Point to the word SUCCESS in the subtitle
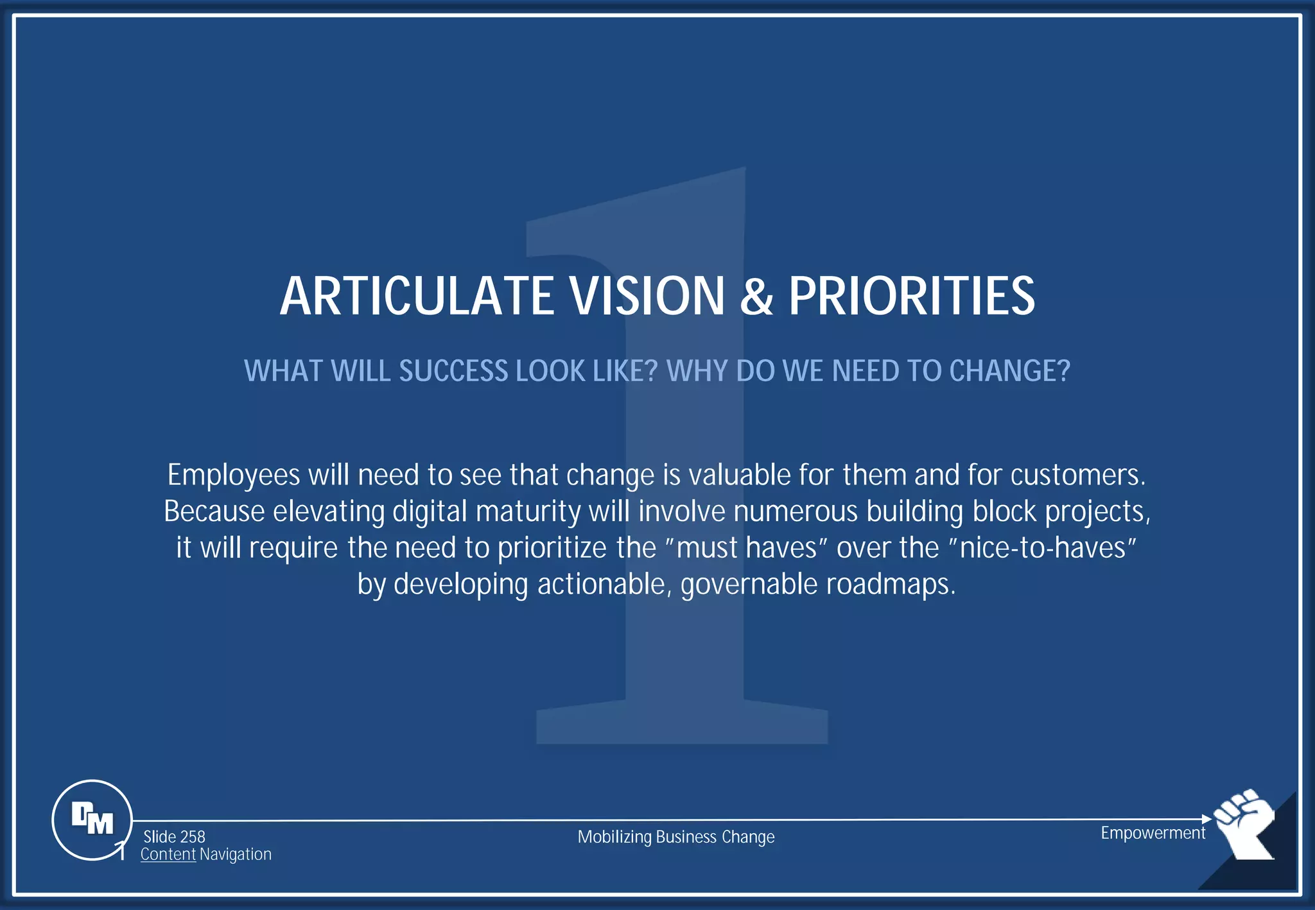click(453, 371)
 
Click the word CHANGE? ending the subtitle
click(1009, 371)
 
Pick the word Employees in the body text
click(234, 476)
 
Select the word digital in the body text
click(430, 512)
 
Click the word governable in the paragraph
click(749, 585)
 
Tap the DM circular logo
click(92, 820)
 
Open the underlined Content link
click(168, 855)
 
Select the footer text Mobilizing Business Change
click(676, 837)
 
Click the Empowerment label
click(1153, 833)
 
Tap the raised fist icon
click(1245, 822)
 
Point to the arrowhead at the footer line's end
click(1206, 819)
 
